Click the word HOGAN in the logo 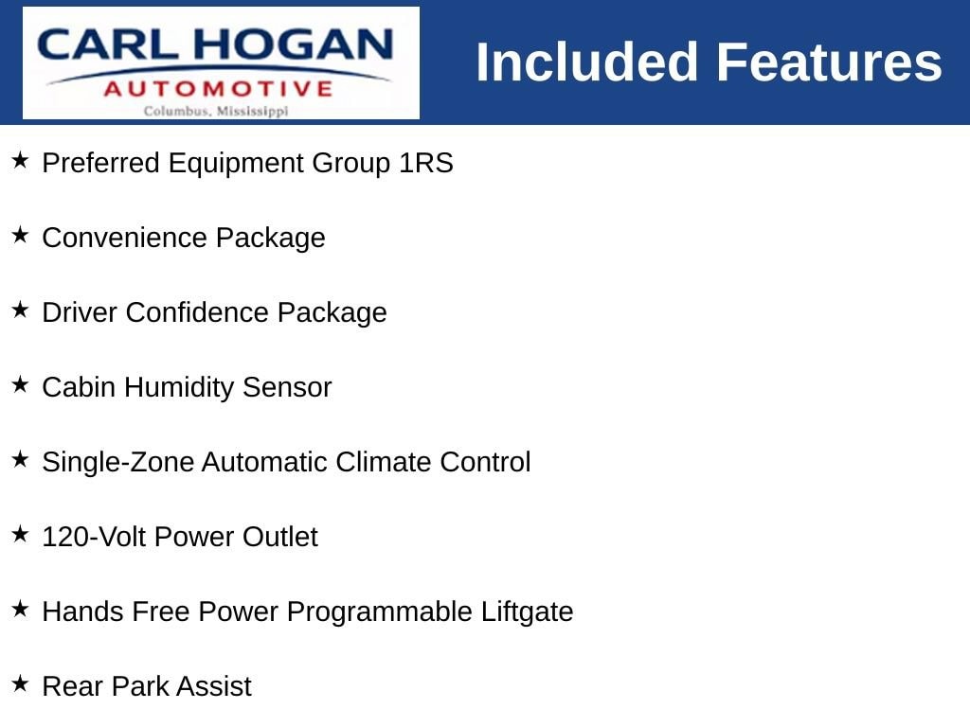[293, 44]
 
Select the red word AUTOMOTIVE [219, 89]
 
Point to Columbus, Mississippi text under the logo [216, 112]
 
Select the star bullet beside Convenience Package [21, 235]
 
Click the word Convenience [125, 238]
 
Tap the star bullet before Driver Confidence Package [21, 310]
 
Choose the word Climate [384, 462]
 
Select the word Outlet [280, 537]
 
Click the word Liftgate [527, 612]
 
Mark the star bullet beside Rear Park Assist [21, 683]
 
